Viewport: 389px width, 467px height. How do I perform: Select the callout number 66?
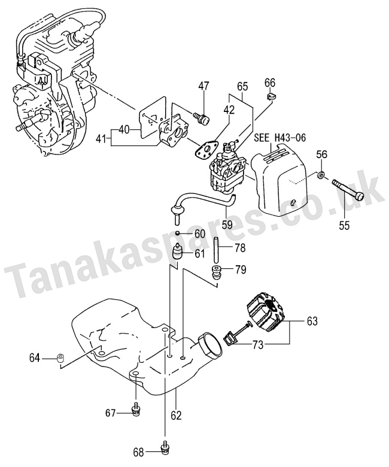[x=270, y=81]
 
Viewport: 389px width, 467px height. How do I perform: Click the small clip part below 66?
[x=271, y=96]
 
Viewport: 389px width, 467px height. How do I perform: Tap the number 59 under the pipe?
[x=227, y=225]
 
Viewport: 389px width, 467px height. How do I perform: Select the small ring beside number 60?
[x=178, y=233]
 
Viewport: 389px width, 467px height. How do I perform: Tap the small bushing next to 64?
[x=60, y=358]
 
